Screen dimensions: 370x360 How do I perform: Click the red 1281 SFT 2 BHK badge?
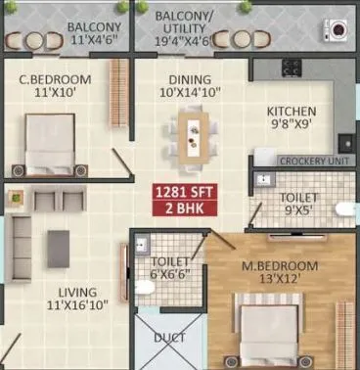[179, 199]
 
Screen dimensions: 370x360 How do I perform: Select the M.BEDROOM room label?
[279, 273]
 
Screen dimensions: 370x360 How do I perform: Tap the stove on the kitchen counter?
[291, 69]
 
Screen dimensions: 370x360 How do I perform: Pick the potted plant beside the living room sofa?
[15, 197]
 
